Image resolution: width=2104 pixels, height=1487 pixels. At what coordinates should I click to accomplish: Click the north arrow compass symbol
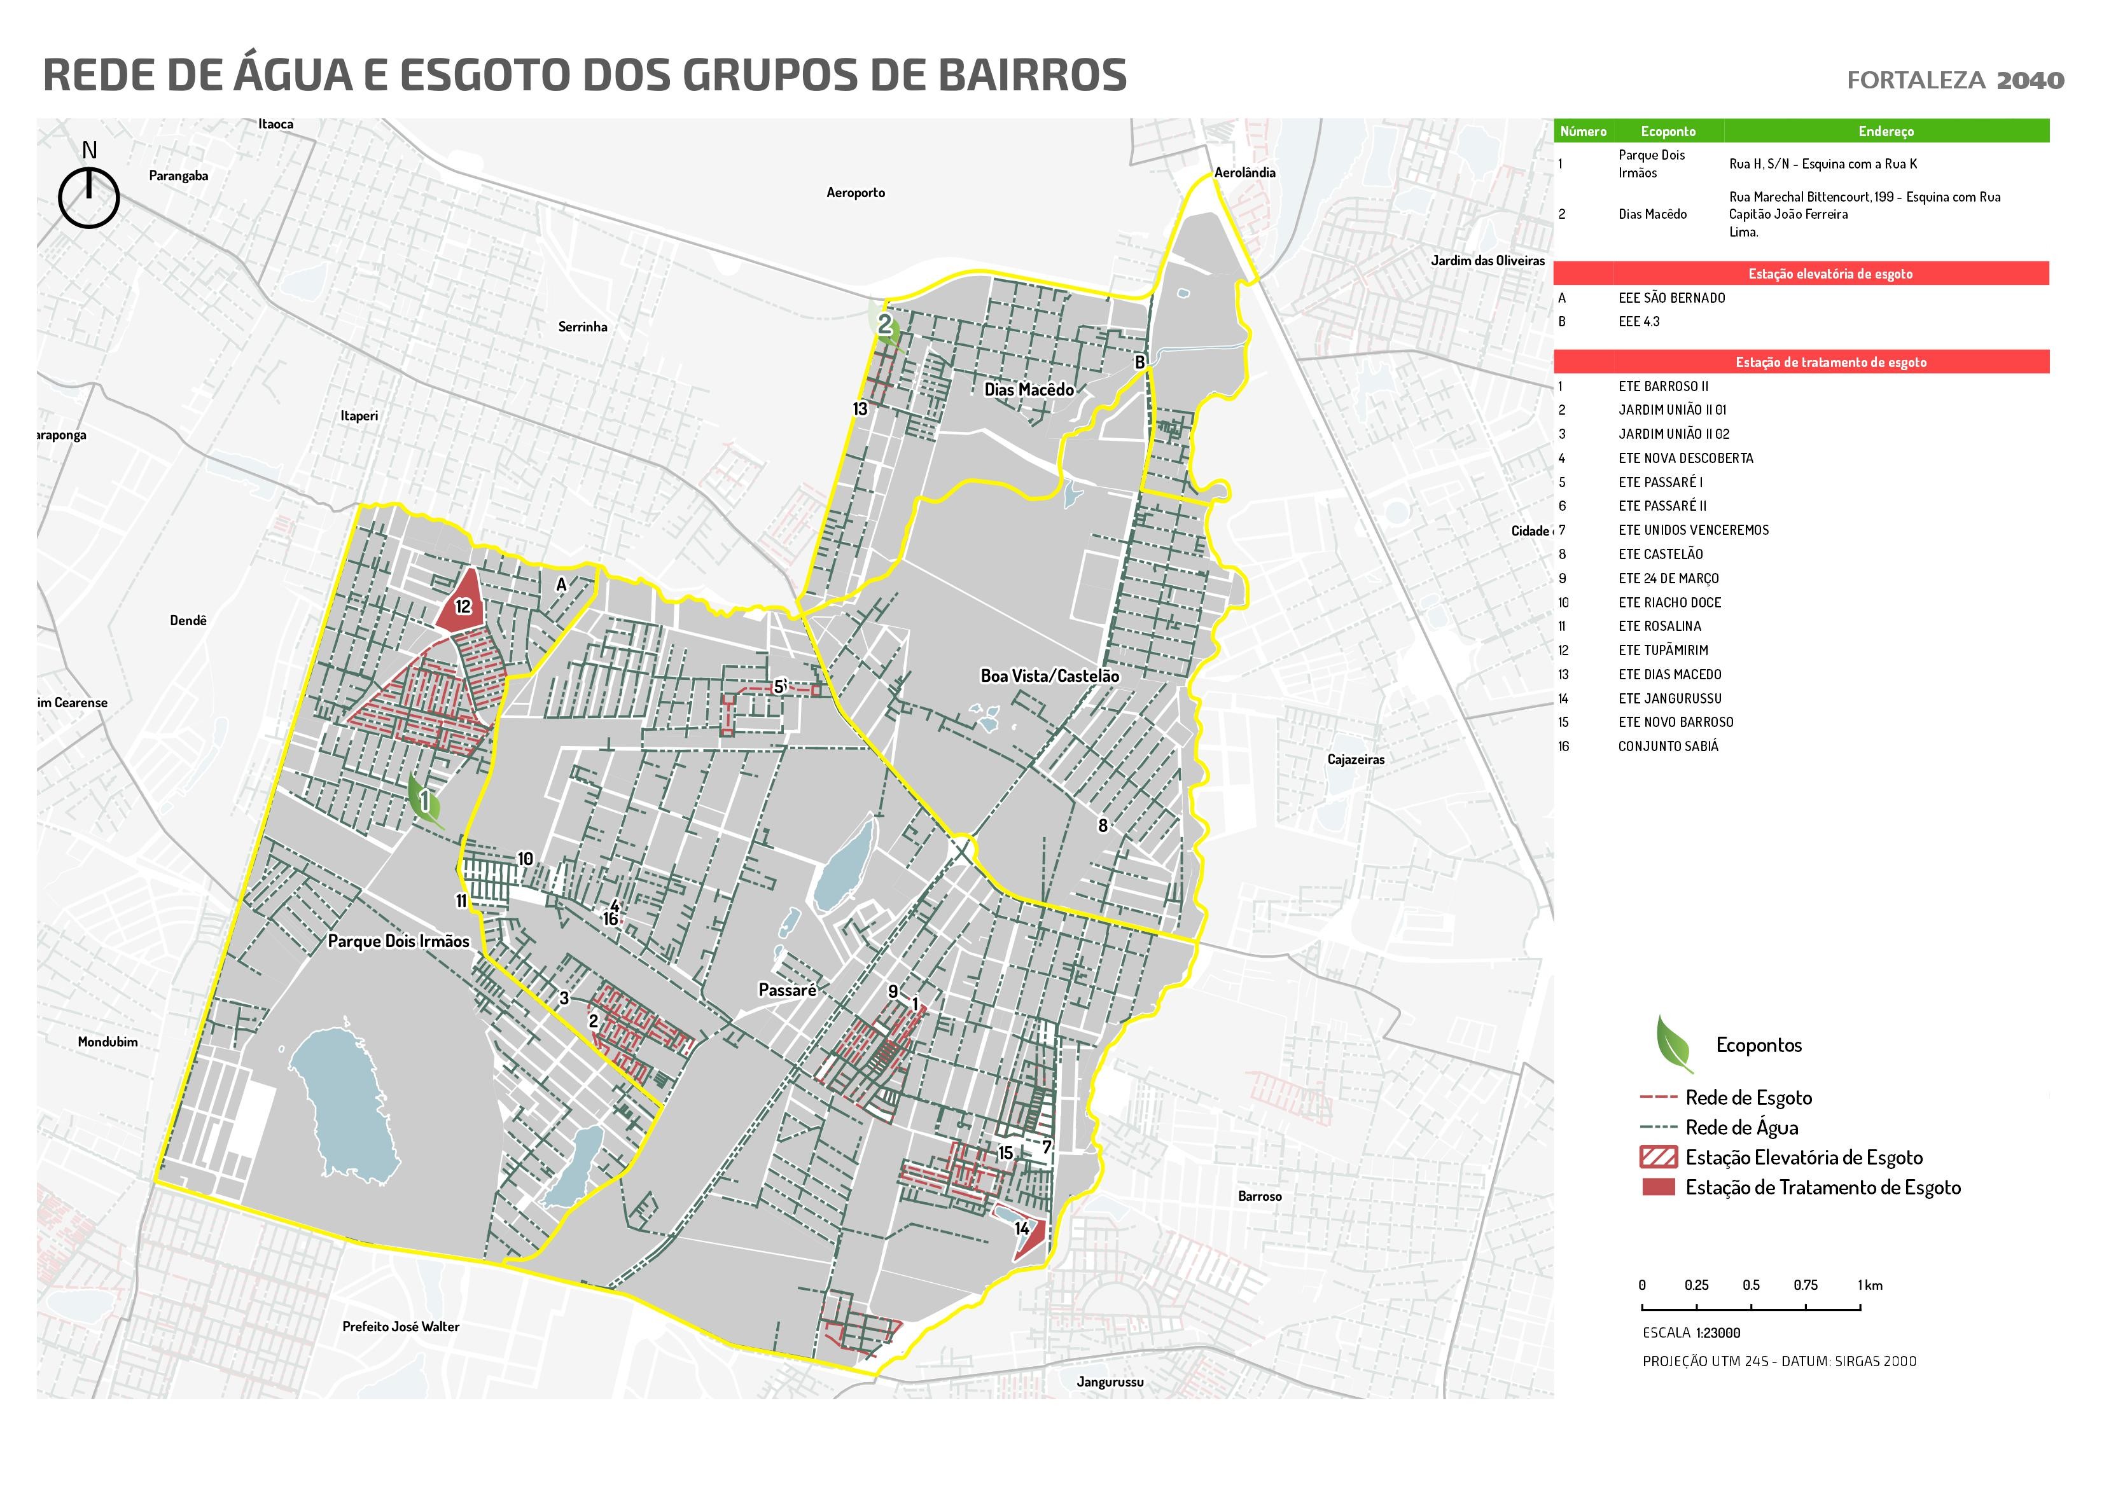point(89,196)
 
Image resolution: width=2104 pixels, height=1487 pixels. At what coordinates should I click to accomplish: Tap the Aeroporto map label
point(855,193)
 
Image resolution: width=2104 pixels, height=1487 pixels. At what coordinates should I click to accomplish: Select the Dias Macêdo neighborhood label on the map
point(1028,389)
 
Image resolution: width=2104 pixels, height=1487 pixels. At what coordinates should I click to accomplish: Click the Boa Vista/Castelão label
point(1049,676)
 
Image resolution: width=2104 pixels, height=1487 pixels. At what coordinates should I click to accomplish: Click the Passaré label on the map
point(786,990)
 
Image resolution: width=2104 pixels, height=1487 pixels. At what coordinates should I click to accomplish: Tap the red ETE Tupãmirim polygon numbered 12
point(464,605)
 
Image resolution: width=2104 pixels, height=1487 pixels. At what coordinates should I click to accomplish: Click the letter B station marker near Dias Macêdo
point(1140,362)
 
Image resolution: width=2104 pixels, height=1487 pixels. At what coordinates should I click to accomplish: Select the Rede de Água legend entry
point(1741,1127)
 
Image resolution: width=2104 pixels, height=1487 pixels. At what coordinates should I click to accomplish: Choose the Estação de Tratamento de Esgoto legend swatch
point(1658,1187)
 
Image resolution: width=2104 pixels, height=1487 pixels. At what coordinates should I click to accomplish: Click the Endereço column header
point(1885,131)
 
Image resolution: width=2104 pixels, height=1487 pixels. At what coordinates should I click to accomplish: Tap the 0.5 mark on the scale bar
point(1750,1285)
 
